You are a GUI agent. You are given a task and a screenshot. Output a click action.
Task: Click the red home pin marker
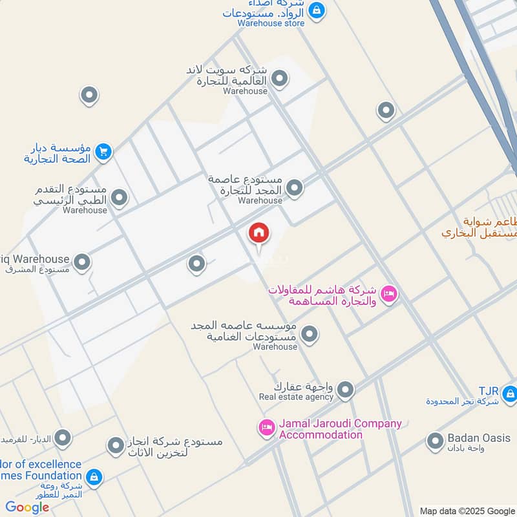[x=259, y=233]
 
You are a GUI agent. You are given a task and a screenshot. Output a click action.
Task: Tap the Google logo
[x=27, y=507]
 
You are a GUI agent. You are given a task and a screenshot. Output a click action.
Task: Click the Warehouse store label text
[x=271, y=23]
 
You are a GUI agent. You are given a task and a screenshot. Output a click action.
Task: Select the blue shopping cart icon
[x=103, y=152]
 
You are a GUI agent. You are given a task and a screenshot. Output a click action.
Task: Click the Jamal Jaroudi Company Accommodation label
[x=339, y=429]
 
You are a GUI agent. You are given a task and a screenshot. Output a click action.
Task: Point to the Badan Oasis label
[x=478, y=438]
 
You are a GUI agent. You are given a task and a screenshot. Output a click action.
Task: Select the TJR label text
[x=489, y=391]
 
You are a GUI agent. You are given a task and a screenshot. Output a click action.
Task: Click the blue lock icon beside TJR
[x=509, y=392]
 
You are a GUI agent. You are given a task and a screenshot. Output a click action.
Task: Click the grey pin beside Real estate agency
[x=346, y=389]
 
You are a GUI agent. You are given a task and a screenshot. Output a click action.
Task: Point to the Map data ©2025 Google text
[x=467, y=511]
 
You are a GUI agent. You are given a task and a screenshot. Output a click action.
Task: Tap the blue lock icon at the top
[x=317, y=10]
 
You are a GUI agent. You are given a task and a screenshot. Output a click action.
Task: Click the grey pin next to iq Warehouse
[x=82, y=262]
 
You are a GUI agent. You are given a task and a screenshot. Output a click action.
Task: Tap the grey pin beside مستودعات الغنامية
[x=310, y=333]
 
